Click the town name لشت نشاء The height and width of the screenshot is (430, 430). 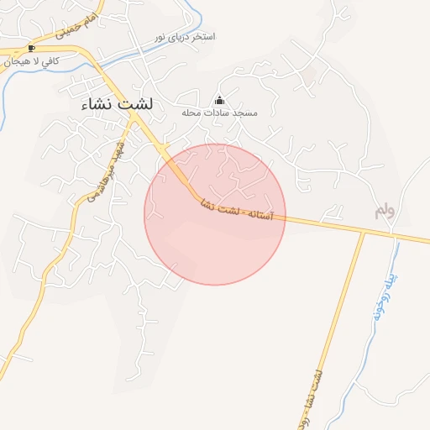[x=118, y=104]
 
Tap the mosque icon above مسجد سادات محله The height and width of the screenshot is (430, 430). [x=220, y=100]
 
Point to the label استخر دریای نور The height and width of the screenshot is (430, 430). [x=185, y=38]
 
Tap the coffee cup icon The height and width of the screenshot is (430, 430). [x=32, y=48]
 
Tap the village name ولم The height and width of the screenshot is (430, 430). [x=385, y=210]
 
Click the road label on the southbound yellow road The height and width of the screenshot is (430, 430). [x=314, y=395]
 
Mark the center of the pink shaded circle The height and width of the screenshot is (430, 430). [x=215, y=214]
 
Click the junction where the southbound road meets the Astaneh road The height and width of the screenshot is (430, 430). [x=363, y=231]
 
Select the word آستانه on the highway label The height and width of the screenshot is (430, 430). [x=261, y=215]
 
